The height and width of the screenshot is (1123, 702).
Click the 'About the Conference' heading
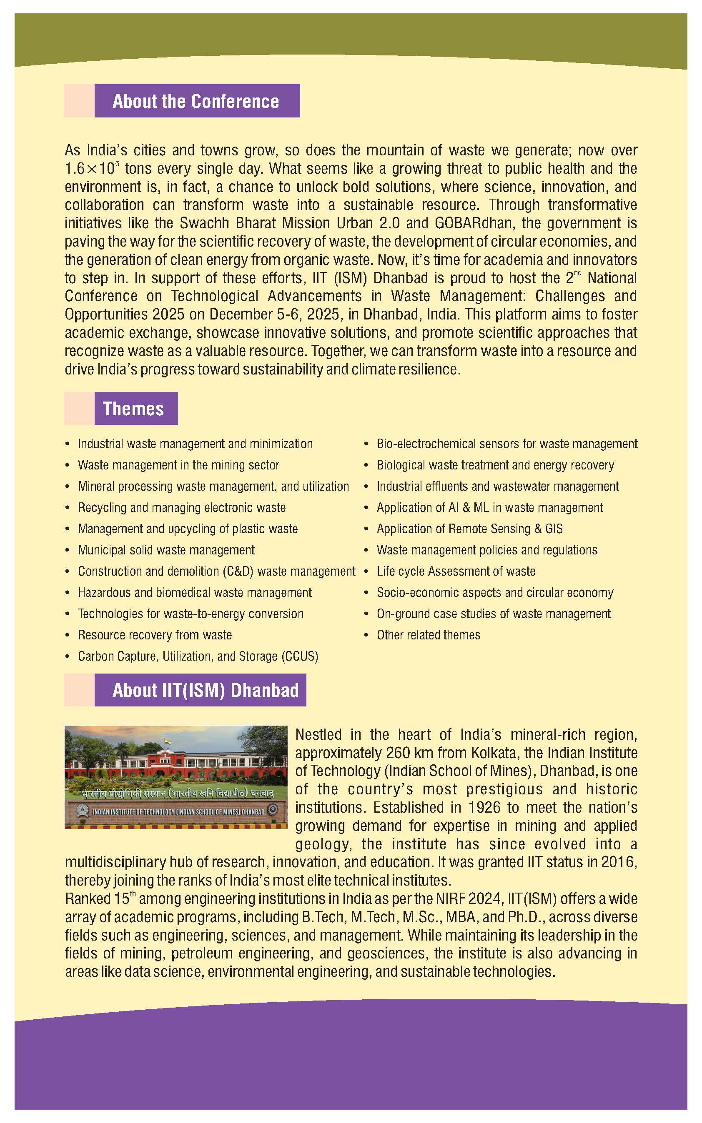pos(196,101)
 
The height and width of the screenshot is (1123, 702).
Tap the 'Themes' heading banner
pos(133,409)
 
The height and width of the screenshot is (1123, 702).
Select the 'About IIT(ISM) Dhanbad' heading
pos(205,690)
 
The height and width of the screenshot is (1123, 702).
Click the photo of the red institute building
pos(176,776)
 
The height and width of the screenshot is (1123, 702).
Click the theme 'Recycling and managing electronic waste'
pos(181,507)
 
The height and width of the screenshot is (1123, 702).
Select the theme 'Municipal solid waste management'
pos(166,550)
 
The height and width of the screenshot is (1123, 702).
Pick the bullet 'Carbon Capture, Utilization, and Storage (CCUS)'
pos(198,656)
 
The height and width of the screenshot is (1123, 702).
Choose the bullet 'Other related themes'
pos(428,635)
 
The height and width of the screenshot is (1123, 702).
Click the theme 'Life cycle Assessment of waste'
pos(456,571)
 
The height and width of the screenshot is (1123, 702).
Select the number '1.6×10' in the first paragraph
pos(90,169)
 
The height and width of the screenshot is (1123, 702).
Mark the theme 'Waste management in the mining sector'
pos(178,465)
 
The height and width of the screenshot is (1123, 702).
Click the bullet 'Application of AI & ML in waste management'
pos(490,508)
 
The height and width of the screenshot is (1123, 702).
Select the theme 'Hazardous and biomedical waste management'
pos(195,593)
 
